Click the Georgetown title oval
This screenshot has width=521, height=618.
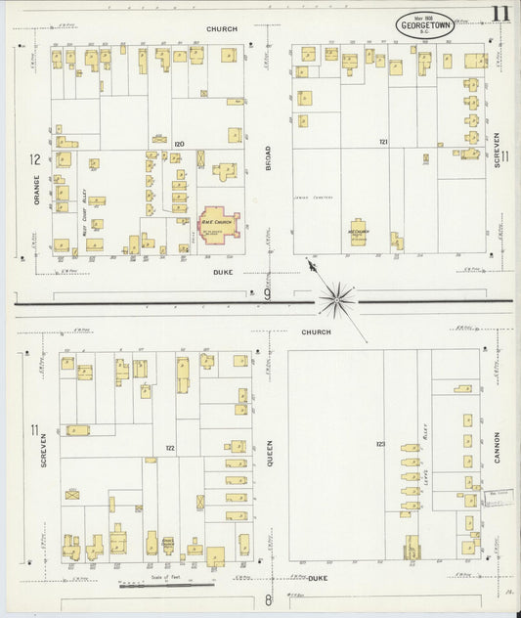(x=424, y=25)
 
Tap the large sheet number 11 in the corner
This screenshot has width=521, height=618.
(x=499, y=14)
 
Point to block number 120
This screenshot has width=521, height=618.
(x=179, y=144)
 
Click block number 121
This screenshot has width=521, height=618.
(x=384, y=142)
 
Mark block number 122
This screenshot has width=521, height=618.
(x=170, y=447)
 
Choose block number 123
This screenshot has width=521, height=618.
(x=380, y=445)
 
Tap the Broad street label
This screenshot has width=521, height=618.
(x=267, y=159)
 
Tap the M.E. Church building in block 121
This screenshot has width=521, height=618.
(x=358, y=233)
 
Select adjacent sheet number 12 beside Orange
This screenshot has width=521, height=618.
(x=34, y=159)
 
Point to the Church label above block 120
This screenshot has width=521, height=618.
(x=221, y=29)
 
